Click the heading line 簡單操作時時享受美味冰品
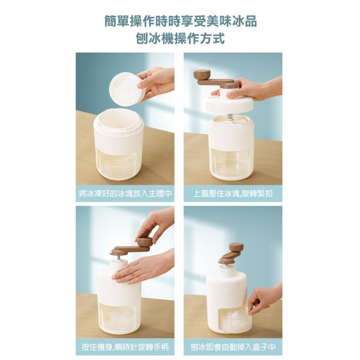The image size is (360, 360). coord(180,21)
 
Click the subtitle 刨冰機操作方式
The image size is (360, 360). coord(180,38)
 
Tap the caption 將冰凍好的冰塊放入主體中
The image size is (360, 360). coord(125,194)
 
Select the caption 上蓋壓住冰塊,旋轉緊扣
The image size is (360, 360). coord(233,194)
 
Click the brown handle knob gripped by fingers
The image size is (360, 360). coord(144,240)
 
